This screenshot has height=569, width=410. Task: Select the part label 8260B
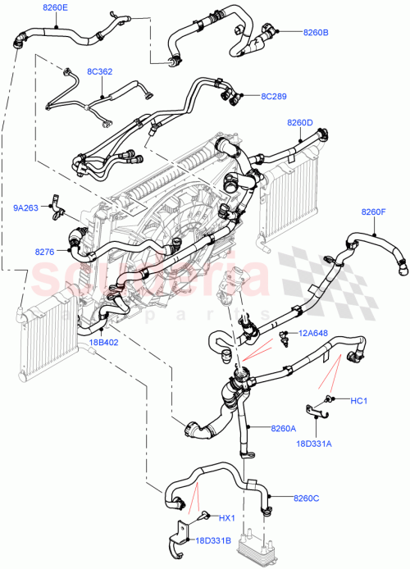pyautogui.click(x=315, y=33)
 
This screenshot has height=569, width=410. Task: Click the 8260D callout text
pyautogui.click(x=300, y=123)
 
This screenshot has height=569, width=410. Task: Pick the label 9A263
pyautogui.click(x=24, y=207)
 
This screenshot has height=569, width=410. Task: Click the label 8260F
pyautogui.click(x=373, y=212)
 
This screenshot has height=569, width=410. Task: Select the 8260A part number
pyautogui.click(x=282, y=428)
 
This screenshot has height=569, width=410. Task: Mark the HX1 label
pyautogui.click(x=227, y=518)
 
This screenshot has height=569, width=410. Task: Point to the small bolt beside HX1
pyautogui.click(x=202, y=516)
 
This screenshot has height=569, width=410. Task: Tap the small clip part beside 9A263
pyautogui.click(x=56, y=203)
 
